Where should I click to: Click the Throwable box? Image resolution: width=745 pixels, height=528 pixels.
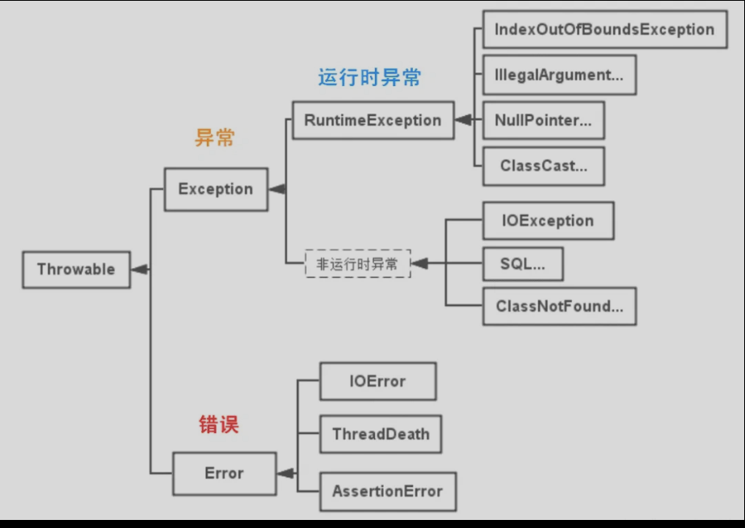pyautogui.click(x=76, y=270)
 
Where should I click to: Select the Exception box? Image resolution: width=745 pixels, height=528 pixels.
pyautogui.click(x=216, y=189)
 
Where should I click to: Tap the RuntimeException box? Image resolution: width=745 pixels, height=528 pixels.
pyautogui.click(x=372, y=121)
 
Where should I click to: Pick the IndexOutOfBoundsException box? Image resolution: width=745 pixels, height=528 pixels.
pyautogui.click(x=604, y=30)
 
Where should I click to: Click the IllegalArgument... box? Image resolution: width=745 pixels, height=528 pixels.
pyautogui.click(x=559, y=75)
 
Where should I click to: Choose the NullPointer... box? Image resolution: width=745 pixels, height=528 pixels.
pyautogui.click(x=543, y=121)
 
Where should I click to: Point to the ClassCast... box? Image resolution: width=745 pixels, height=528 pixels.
pyautogui.click(x=543, y=167)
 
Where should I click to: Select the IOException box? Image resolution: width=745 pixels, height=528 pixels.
pyautogui.click(x=548, y=221)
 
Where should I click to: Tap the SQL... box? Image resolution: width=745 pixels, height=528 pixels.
pyautogui.click(x=522, y=264)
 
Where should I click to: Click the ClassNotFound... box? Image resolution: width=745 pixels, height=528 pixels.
pyautogui.click(x=559, y=307)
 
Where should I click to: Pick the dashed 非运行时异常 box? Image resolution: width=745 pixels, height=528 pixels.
pyautogui.click(x=357, y=264)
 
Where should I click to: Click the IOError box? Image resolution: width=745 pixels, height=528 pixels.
pyautogui.click(x=377, y=382)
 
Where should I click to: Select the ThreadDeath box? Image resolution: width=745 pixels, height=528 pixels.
pyautogui.click(x=381, y=435)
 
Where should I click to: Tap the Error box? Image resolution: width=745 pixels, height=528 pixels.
pyautogui.click(x=224, y=473)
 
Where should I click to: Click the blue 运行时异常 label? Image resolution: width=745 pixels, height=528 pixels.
pyautogui.click(x=369, y=77)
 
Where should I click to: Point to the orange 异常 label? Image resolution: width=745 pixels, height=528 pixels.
pyautogui.click(x=215, y=138)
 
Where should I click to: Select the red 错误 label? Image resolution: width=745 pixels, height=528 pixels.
pyautogui.click(x=219, y=424)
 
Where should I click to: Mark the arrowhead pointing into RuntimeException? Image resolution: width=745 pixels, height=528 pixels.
pyautogui.click(x=463, y=121)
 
